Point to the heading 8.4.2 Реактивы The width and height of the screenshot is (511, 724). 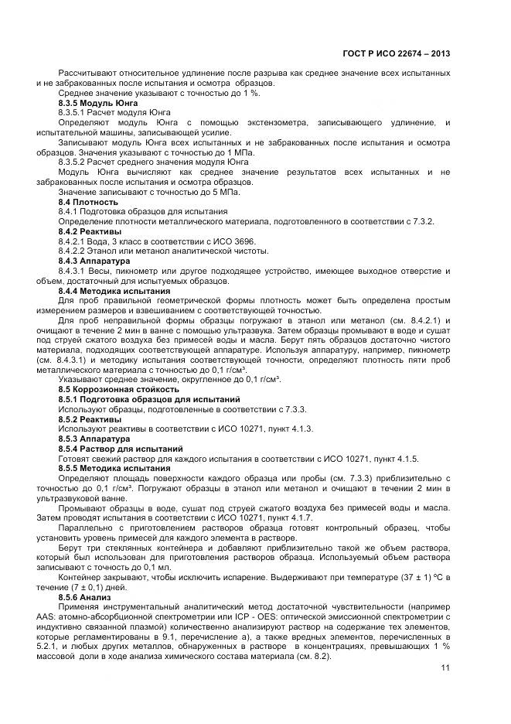point(90,231)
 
